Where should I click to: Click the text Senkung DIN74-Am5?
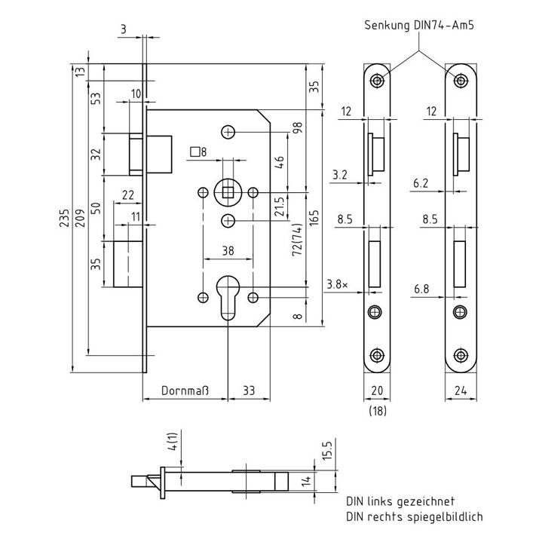(x=418, y=26)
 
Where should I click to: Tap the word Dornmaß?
(x=185, y=391)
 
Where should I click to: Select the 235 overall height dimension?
(x=64, y=218)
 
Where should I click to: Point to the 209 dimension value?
(x=80, y=218)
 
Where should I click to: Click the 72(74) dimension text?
(x=297, y=240)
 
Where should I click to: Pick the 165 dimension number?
(x=314, y=218)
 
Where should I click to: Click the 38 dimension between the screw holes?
(x=228, y=251)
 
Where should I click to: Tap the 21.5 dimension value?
(x=280, y=206)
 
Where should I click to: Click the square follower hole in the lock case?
(x=228, y=193)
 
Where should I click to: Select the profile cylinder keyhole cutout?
(x=228, y=297)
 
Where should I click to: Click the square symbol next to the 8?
(x=194, y=152)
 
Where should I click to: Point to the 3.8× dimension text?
(x=337, y=284)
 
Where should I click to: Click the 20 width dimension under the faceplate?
(x=377, y=391)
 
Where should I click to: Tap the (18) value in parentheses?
(x=378, y=411)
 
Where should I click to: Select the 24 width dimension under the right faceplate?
(x=461, y=391)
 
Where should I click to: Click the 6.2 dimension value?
(x=421, y=183)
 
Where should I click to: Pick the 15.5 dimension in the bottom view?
(x=326, y=451)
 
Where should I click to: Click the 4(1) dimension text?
(x=173, y=441)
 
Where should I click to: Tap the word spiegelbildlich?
(x=445, y=516)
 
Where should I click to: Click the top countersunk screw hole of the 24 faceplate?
(x=461, y=81)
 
